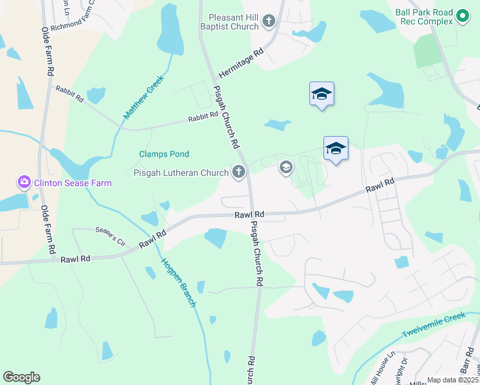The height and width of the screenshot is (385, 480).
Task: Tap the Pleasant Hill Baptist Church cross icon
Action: click(270, 22)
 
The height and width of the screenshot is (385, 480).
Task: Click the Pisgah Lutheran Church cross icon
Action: click(239, 171)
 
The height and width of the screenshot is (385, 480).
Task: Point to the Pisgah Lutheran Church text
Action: click(180, 173)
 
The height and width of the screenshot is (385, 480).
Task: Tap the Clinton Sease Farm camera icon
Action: click(24, 182)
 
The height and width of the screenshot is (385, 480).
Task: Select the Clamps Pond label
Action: click(164, 154)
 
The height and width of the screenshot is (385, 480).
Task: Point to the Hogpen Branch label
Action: click(178, 282)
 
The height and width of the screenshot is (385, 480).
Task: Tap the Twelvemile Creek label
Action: click(433, 325)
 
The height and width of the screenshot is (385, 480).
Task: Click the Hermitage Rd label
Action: click(241, 62)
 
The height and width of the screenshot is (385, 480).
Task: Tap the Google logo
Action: click(21, 377)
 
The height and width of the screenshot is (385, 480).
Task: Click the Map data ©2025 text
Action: click(452, 380)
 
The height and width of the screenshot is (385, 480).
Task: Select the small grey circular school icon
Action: click(286, 168)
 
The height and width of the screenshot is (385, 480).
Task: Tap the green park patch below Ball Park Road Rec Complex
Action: click(427, 51)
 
